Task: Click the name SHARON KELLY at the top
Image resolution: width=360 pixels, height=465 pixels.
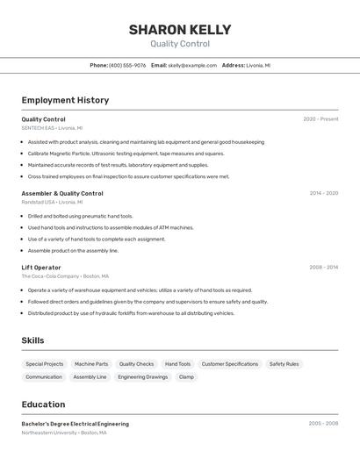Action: click(x=180, y=30)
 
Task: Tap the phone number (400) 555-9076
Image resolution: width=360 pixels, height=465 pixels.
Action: click(x=127, y=65)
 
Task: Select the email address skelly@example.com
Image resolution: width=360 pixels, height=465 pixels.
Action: click(x=192, y=65)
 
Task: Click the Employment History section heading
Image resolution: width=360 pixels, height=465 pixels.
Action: click(x=65, y=100)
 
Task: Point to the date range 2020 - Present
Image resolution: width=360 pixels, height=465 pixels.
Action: click(x=320, y=118)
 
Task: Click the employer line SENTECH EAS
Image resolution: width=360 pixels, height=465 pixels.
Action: click(x=38, y=127)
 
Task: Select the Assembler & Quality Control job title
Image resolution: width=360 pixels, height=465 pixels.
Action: click(x=62, y=193)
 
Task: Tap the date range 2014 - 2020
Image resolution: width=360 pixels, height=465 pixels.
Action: click(x=323, y=193)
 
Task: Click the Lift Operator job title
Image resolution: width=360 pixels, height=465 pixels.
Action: click(x=41, y=267)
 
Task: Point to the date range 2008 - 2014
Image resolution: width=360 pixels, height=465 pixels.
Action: click(x=323, y=267)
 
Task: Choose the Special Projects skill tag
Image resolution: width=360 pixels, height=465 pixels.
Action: click(x=45, y=363)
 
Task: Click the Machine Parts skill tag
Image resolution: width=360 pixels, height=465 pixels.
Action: click(x=91, y=363)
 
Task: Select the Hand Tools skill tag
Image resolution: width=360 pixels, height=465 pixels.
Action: click(x=177, y=363)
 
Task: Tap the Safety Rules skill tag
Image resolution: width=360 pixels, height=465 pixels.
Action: click(x=284, y=363)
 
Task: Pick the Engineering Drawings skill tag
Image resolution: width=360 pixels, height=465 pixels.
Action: click(x=142, y=376)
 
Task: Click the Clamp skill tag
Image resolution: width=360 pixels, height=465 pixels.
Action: click(x=186, y=376)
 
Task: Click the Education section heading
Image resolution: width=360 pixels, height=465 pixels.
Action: click(x=43, y=404)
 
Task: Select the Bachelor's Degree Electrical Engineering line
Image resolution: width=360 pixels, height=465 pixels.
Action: click(x=75, y=424)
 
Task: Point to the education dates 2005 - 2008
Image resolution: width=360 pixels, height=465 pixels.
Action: click(x=323, y=424)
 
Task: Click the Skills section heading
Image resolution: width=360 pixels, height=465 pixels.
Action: click(x=32, y=340)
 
